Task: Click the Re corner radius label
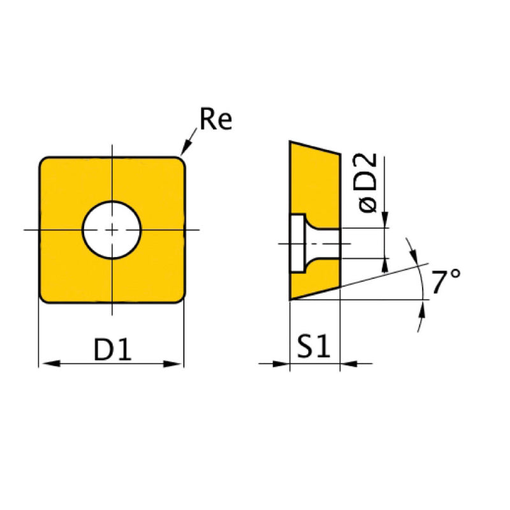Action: tap(215, 120)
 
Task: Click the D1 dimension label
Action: tap(113, 350)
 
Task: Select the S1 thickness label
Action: tap(314, 348)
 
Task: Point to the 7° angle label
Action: tap(445, 282)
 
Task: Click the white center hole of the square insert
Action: tap(112, 229)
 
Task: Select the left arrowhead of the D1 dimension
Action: tap(46, 364)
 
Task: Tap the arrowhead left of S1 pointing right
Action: tap(283, 364)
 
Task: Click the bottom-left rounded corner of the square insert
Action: tap(45, 298)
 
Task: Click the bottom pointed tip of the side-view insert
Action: tap(291, 298)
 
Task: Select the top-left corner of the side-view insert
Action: tap(291, 143)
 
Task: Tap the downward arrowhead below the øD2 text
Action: tap(385, 221)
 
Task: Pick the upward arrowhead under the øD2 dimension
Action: tap(385, 263)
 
